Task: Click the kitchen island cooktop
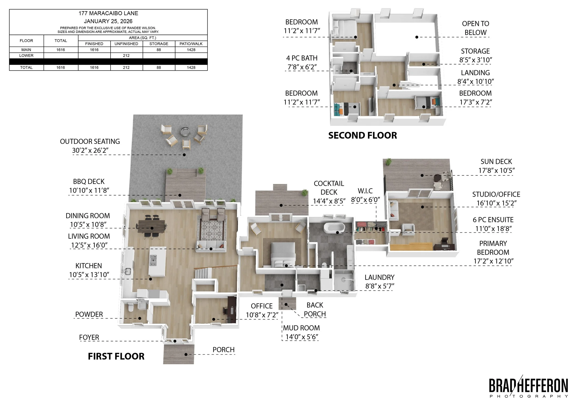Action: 153,260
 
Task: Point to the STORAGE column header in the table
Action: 159,44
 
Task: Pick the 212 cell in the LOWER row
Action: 126,56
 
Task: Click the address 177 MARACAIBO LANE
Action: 108,13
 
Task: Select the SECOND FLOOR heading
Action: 363,136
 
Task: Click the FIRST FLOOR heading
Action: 116,356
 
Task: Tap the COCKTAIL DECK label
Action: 329,188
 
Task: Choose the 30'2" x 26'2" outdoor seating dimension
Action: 90,150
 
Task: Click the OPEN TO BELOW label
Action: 475,28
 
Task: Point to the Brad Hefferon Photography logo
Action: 529,387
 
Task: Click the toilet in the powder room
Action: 130,307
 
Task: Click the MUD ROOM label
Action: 302,328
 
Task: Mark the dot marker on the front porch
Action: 186,355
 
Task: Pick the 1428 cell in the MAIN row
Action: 191,50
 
